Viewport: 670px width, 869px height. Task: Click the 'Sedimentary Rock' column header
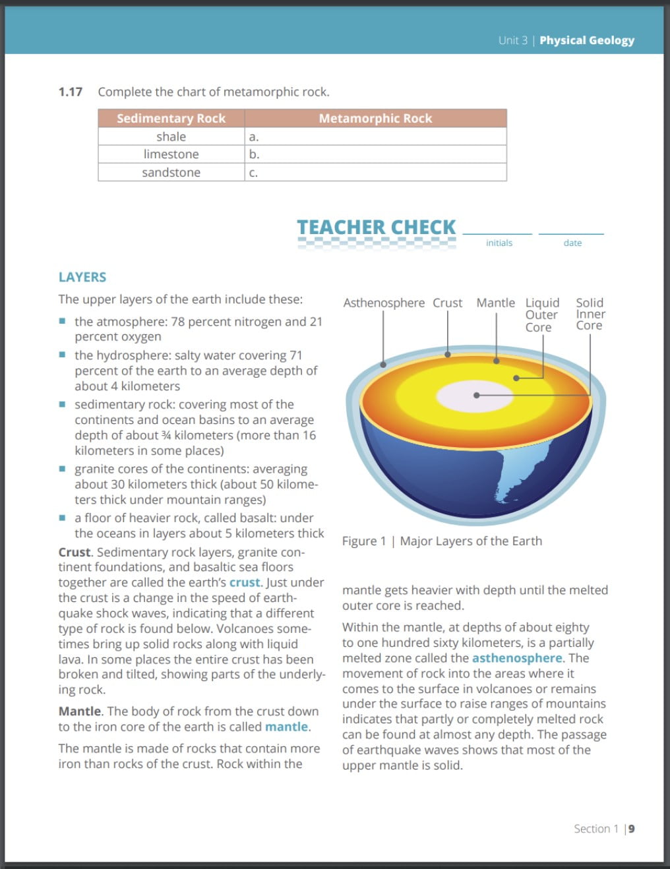(x=171, y=119)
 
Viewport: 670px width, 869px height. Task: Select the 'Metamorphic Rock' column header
(x=375, y=119)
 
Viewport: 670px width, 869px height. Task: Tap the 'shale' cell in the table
(x=171, y=136)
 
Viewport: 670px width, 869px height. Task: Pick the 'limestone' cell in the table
(x=171, y=154)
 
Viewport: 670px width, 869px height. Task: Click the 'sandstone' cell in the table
(x=171, y=172)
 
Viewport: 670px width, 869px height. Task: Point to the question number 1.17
(x=71, y=92)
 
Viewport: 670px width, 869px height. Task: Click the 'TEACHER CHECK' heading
(x=376, y=227)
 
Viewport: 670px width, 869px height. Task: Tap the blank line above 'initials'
(x=497, y=232)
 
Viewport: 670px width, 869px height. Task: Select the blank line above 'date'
(x=571, y=232)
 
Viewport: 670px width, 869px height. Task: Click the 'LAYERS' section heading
(x=82, y=277)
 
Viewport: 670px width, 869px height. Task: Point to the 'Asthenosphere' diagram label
(x=384, y=303)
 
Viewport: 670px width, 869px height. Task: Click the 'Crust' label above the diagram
(x=447, y=303)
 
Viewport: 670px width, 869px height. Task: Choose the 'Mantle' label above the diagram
(x=495, y=303)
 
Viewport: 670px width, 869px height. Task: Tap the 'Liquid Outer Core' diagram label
(x=541, y=315)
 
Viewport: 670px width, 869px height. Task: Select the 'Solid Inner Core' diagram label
(x=590, y=314)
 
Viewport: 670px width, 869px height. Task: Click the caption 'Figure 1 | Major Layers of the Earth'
(x=442, y=541)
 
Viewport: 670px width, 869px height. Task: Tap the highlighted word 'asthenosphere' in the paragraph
(x=517, y=658)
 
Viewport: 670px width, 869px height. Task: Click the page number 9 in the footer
(x=631, y=829)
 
